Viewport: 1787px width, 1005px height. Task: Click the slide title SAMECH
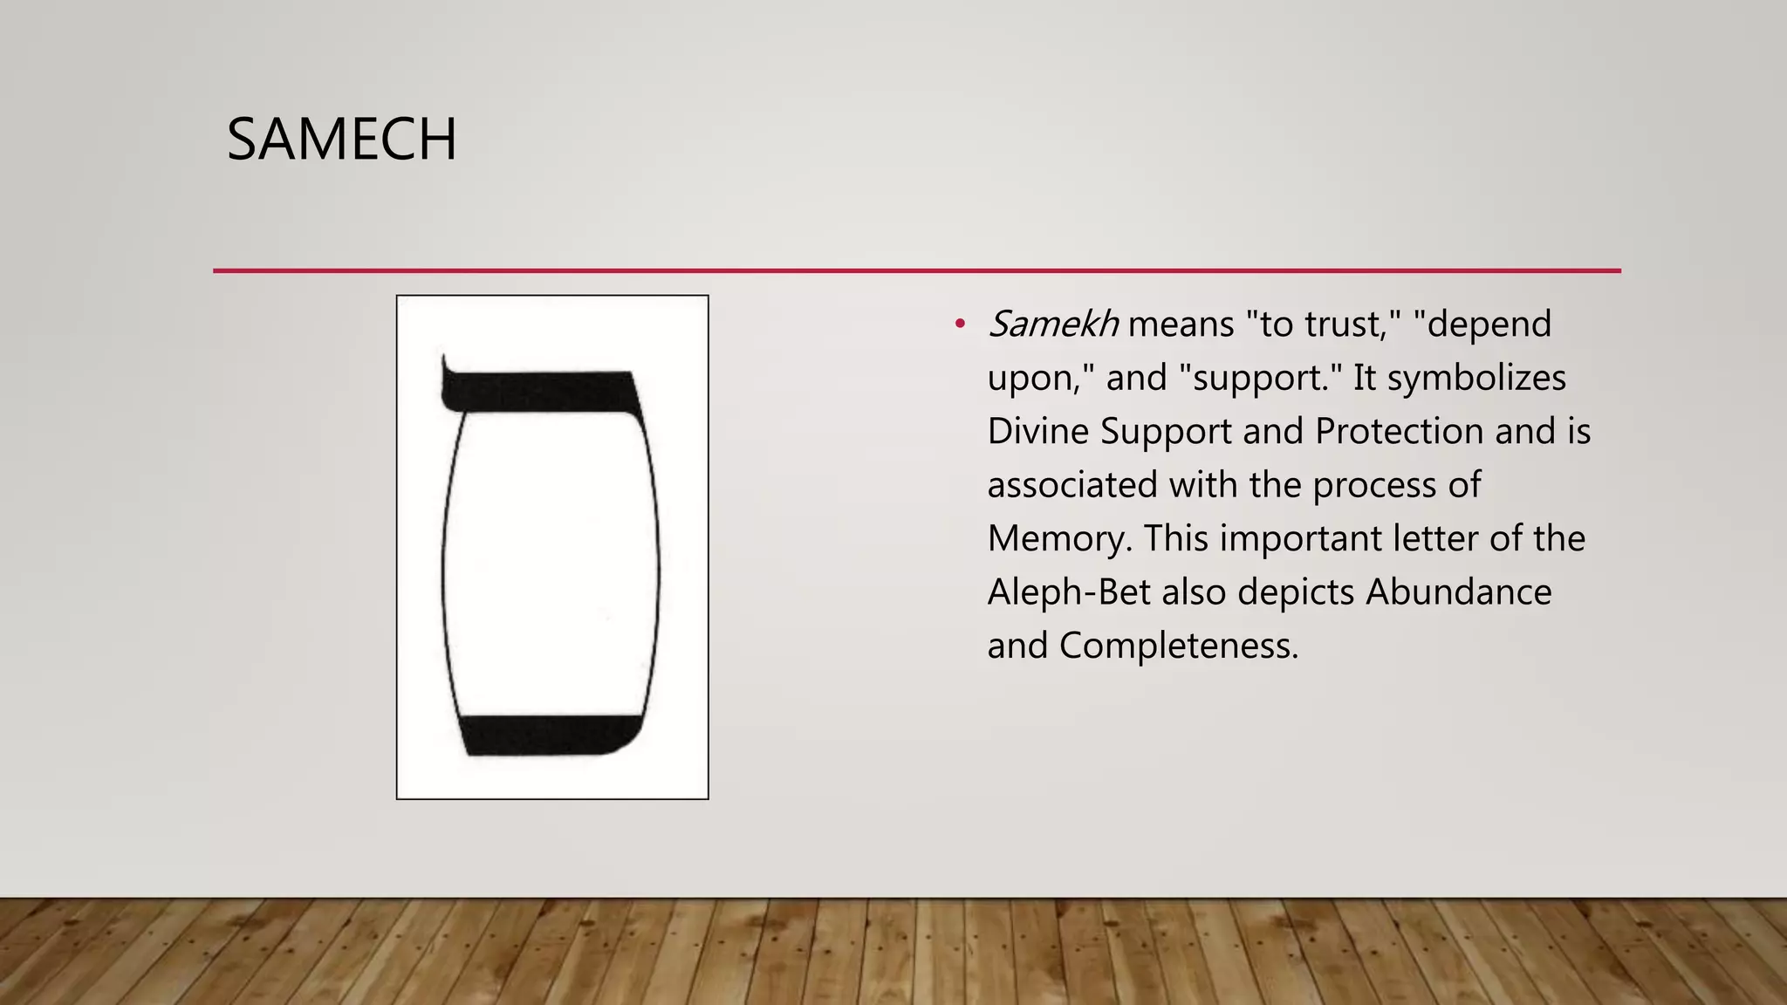(x=341, y=140)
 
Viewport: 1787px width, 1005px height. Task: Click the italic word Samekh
(x=1053, y=325)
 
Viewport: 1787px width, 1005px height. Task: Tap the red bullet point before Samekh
(x=960, y=325)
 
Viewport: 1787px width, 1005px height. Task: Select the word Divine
(x=1037, y=432)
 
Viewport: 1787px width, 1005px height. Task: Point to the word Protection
(x=1399, y=432)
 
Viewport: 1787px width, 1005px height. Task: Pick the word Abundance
(x=1458, y=592)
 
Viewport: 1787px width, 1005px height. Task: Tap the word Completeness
(x=1178, y=646)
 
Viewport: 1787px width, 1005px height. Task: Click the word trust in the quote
(x=1346, y=325)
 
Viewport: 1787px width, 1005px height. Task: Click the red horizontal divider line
(x=916, y=270)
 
